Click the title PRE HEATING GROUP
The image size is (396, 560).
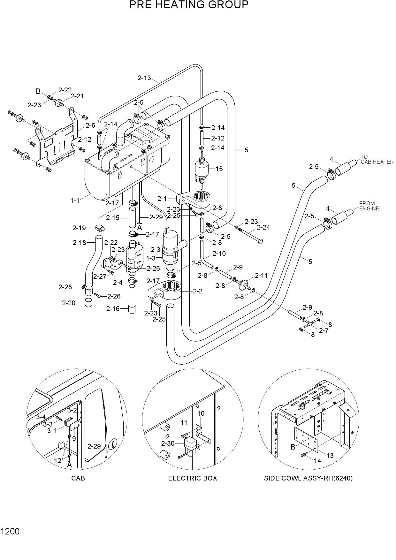(x=189, y=5)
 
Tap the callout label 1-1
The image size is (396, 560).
(x=75, y=201)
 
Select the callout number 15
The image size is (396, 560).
(x=219, y=169)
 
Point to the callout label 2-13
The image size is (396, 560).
(x=144, y=78)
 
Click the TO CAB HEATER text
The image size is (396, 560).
(x=377, y=159)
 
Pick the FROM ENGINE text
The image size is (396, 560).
(x=369, y=206)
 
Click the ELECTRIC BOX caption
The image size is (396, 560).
(x=193, y=478)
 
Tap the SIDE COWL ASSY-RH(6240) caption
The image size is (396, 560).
(x=308, y=478)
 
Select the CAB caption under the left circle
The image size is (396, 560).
(x=78, y=478)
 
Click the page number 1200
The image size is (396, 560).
(x=10, y=532)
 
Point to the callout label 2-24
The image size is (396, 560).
(x=263, y=227)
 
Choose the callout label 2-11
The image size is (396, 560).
(x=261, y=276)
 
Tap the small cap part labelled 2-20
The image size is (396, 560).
(x=88, y=302)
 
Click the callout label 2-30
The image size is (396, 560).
(x=168, y=443)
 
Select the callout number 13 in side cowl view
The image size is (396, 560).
(x=329, y=455)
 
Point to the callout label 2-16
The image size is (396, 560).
(x=113, y=309)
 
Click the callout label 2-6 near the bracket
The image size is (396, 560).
(x=90, y=125)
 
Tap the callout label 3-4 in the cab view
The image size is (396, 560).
(x=41, y=417)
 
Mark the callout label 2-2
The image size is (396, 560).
(x=198, y=291)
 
